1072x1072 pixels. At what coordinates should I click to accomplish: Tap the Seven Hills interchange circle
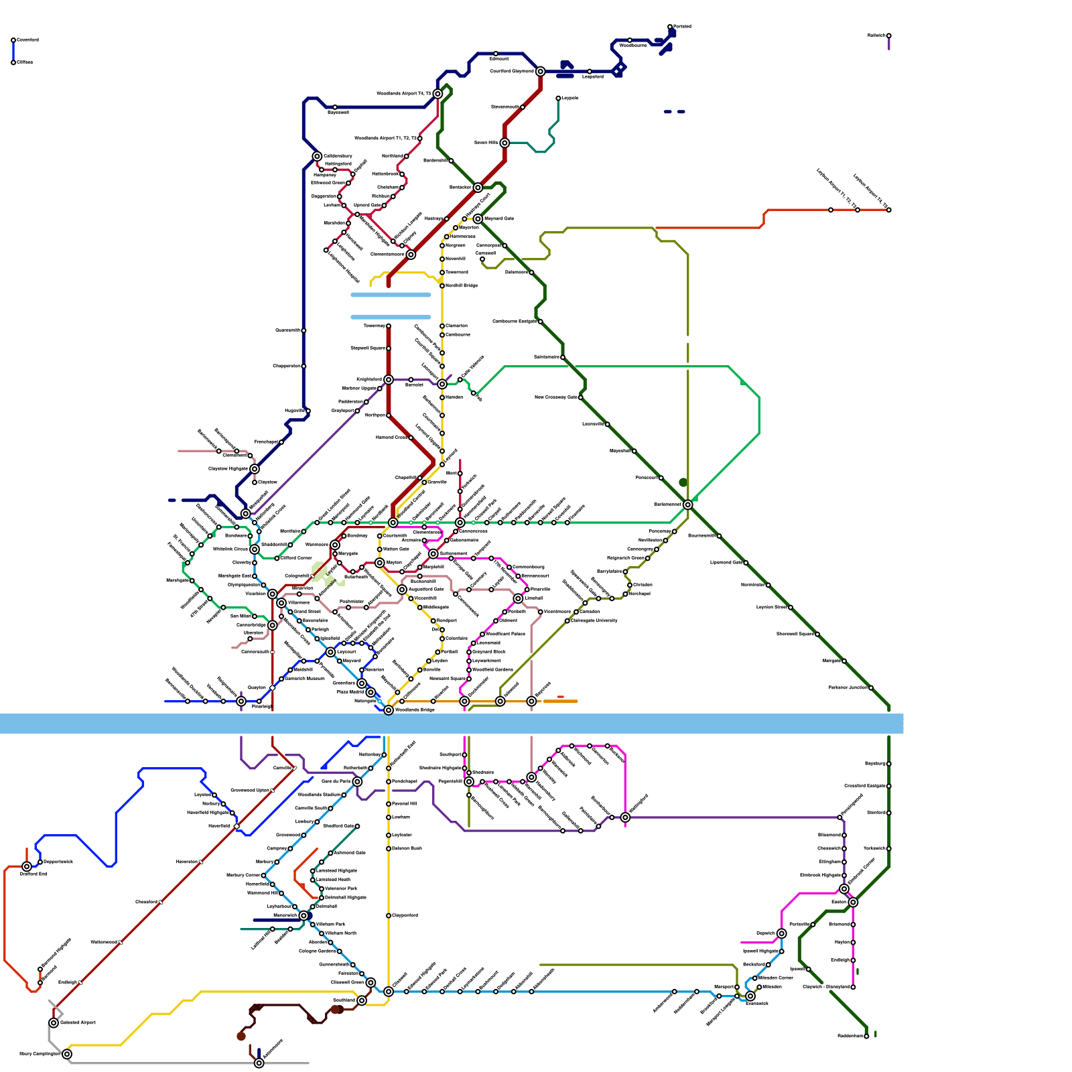505,143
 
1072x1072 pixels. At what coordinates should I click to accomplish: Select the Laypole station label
569,98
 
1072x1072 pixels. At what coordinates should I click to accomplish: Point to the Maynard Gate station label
498,218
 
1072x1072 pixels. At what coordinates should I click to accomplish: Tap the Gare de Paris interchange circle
357,781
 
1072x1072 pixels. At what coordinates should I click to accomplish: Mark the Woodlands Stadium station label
319,795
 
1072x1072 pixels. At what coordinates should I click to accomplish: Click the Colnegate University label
594,620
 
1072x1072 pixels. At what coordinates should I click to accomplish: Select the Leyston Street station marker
791,607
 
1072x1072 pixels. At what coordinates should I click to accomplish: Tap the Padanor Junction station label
848,687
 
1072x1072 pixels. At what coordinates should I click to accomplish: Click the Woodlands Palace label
505,634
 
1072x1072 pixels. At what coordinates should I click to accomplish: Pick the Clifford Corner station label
296,557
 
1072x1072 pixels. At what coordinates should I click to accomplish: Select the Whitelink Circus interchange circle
255,549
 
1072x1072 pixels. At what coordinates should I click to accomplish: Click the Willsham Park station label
330,924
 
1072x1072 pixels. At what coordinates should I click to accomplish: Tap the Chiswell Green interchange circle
371,982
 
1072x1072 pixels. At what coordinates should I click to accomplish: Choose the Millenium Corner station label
775,978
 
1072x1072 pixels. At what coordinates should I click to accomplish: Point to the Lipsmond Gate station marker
746,563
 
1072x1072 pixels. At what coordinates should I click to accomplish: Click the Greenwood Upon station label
249,791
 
